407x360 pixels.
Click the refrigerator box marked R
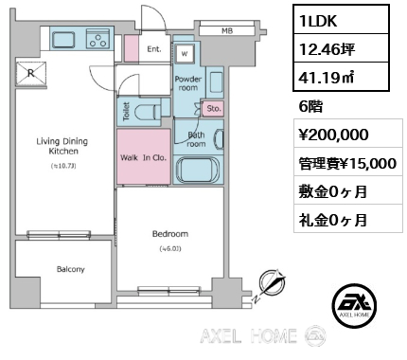(x=31, y=73)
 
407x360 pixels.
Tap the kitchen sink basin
(x=63, y=40)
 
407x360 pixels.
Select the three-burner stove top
(x=97, y=38)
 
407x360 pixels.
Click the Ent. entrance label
(x=154, y=49)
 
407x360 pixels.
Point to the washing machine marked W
(x=185, y=54)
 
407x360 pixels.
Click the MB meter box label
(x=227, y=31)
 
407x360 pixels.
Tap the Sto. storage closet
(x=213, y=109)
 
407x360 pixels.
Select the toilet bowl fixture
(x=148, y=112)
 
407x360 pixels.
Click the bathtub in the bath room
(x=198, y=170)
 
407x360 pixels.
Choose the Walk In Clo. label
(x=143, y=157)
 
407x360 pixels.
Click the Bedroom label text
(x=170, y=234)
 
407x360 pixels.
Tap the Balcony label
(x=71, y=269)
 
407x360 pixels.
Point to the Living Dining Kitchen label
(x=62, y=146)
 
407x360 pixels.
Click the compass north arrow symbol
(x=272, y=282)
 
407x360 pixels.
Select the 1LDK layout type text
(x=319, y=21)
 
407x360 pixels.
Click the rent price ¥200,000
(x=333, y=135)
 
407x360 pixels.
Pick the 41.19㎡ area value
(x=327, y=77)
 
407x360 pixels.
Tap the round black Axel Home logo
(x=354, y=305)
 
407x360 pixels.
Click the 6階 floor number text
(x=310, y=107)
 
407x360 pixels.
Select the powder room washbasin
(x=216, y=82)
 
